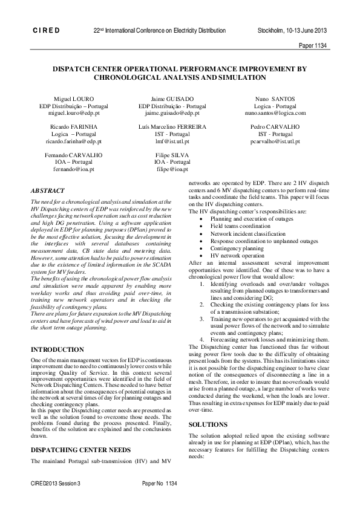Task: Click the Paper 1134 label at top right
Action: (x=313, y=45)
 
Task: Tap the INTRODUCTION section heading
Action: (x=57, y=349)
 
